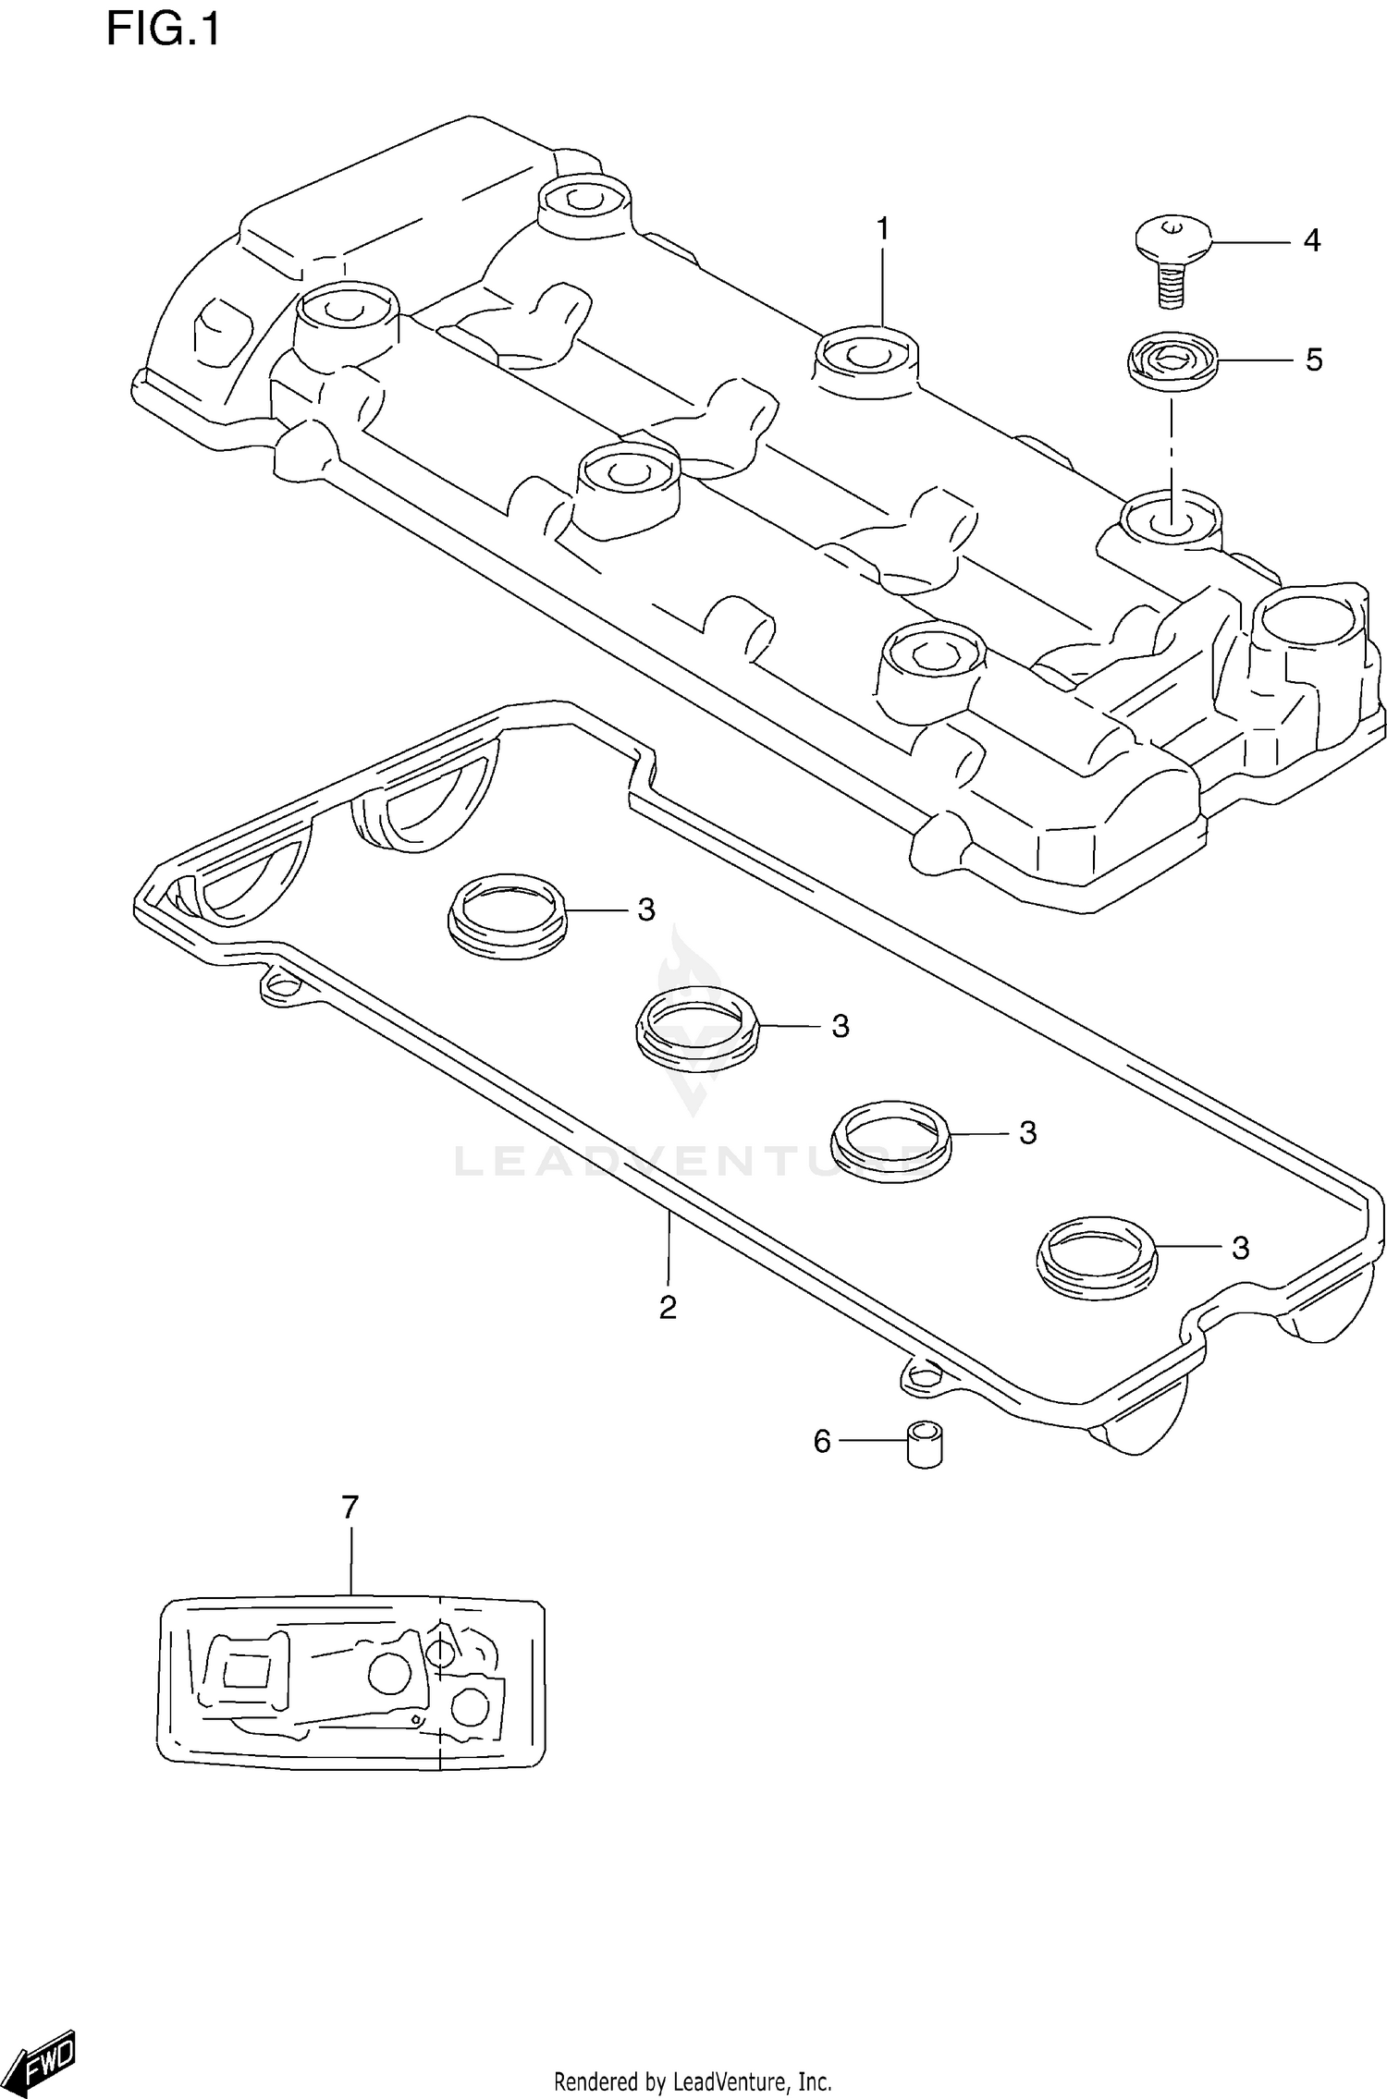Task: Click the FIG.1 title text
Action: click(x=163, y=30)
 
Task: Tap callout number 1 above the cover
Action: click(x=882, y=228)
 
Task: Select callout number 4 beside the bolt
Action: click(x=1311, y=241)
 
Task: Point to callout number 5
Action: click(x=1313, y=360)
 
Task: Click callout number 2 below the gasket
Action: click(x=668, y=1307)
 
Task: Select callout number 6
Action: click(x=822, y=1441)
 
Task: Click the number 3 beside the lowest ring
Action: click(x=1240, y=1249)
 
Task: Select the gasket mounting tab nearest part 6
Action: click(x=919, y=1378)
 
